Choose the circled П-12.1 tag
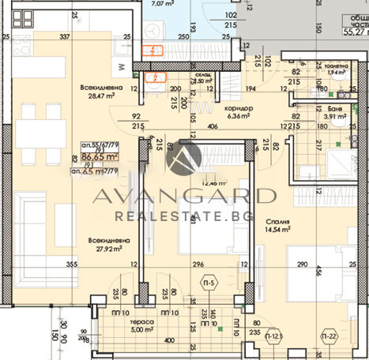tap(273, 339)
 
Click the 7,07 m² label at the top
tap(162, 3)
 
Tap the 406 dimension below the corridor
tap(213, 126)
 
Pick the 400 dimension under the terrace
tap(168, 339)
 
